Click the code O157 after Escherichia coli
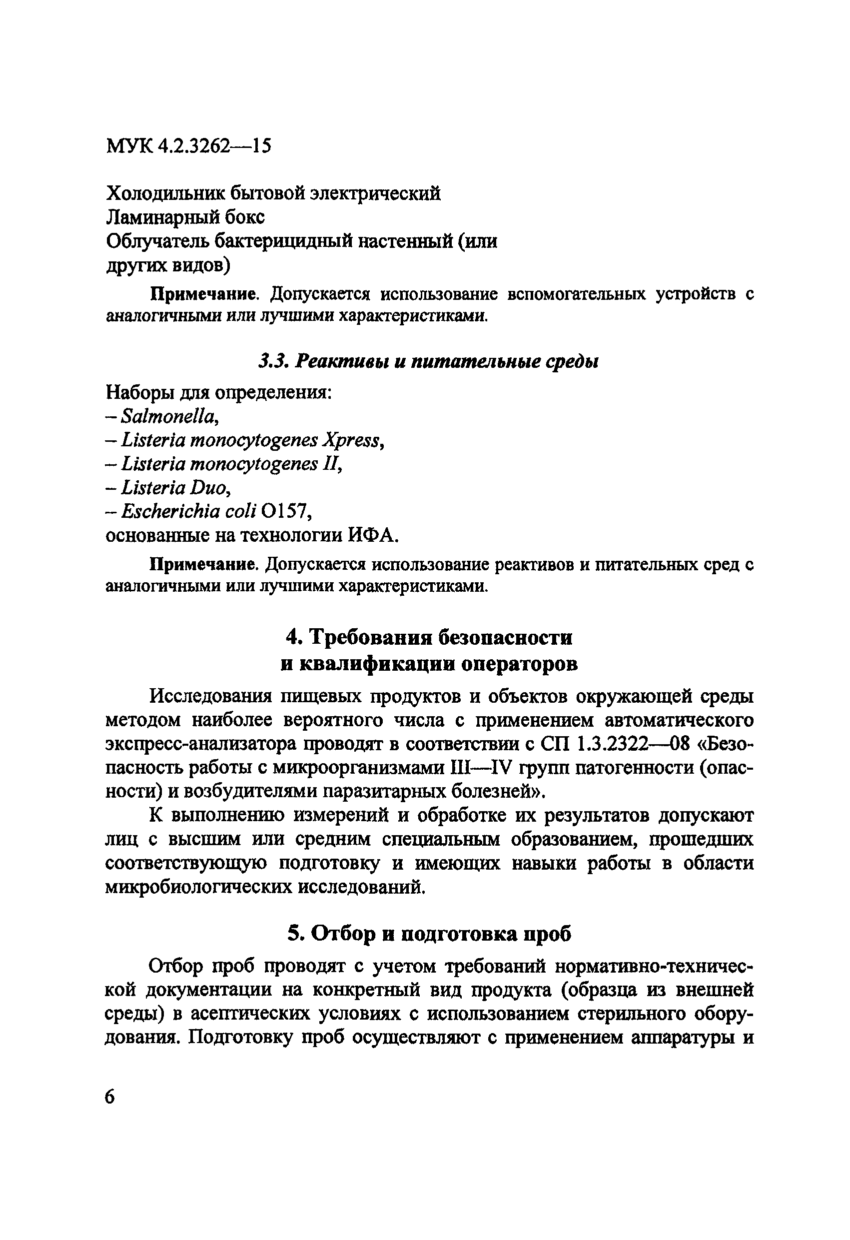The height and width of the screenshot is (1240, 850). [284, 512]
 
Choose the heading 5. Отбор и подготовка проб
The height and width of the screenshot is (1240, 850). [429, 934]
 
